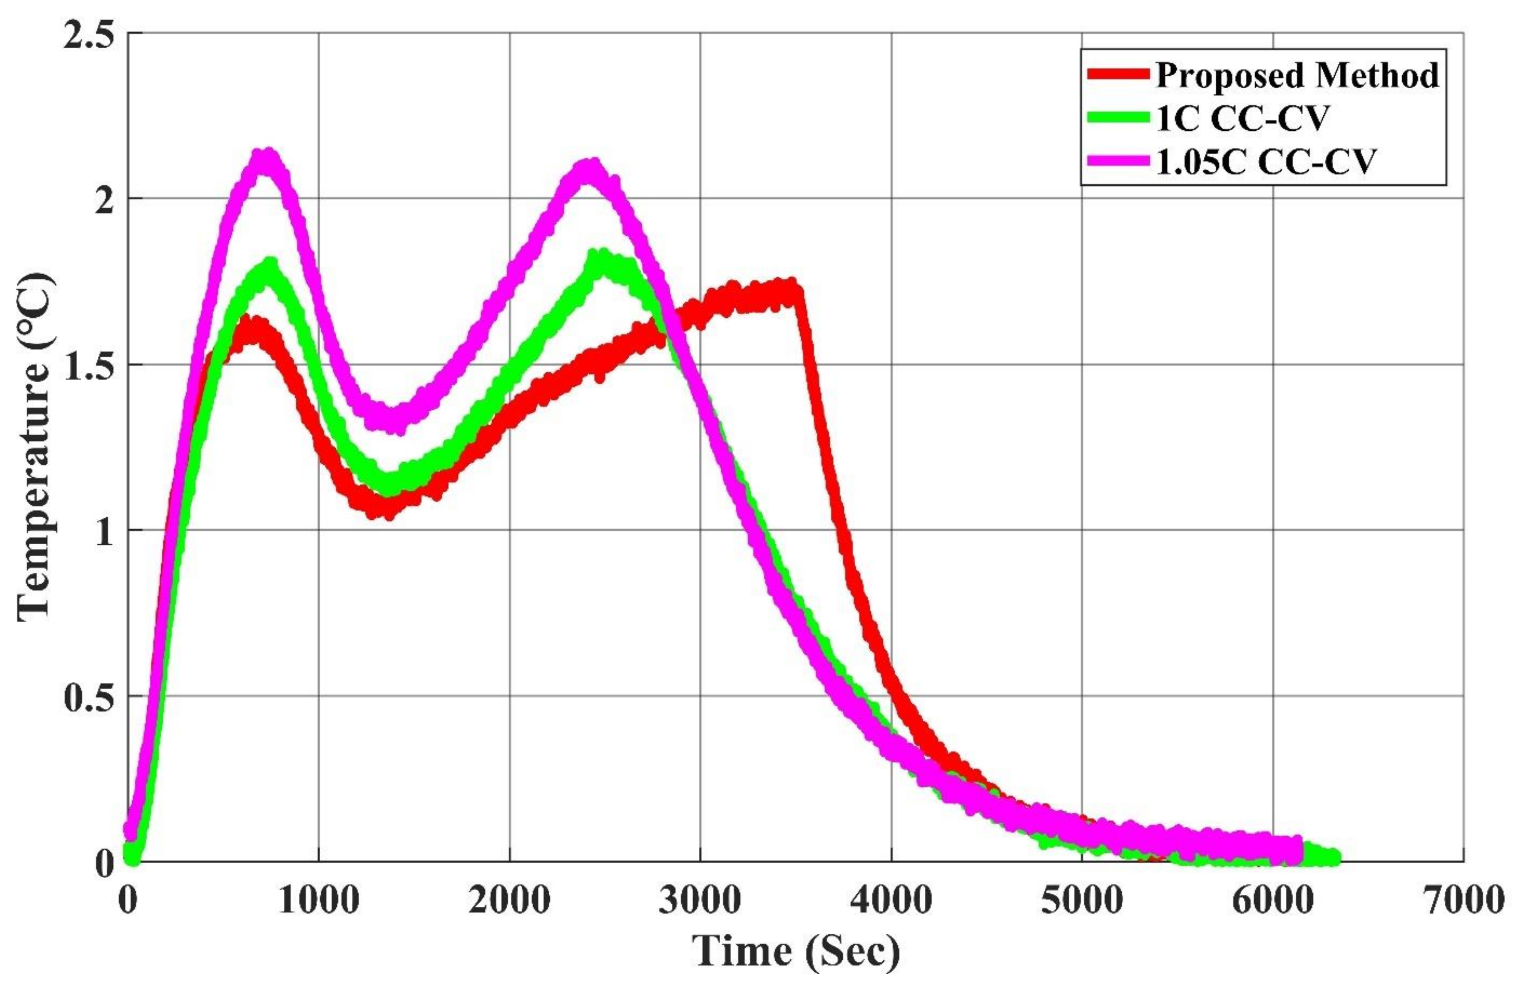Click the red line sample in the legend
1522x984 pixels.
click(1118, 75)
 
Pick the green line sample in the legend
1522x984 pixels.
click(1118, 118)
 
